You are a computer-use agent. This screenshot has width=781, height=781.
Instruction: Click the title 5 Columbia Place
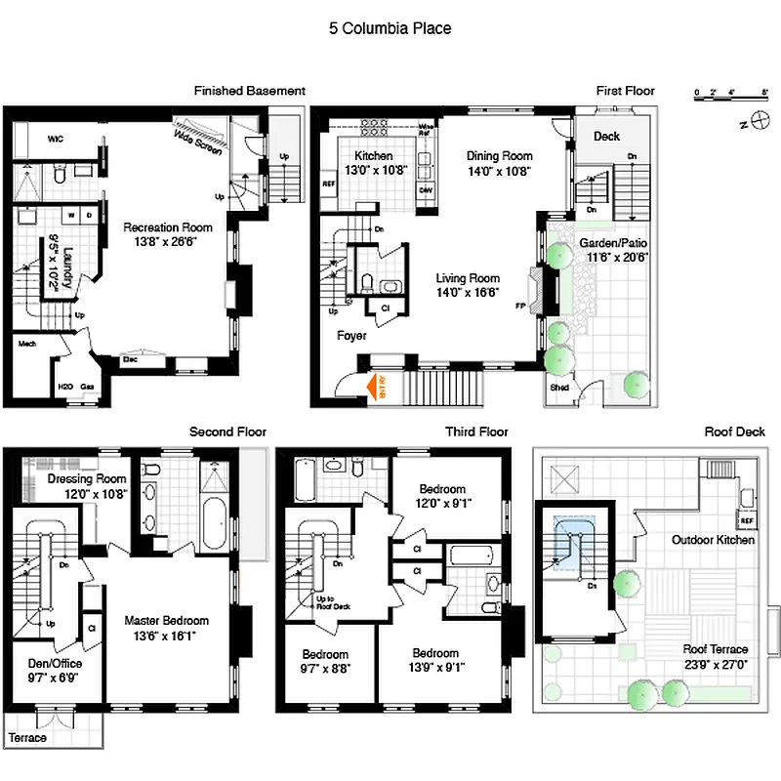click(x=390, y=28)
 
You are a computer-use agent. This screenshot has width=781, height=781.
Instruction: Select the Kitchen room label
click(x=373, y=156)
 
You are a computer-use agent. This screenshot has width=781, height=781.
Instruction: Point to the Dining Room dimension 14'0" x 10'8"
click(x=498, y=171)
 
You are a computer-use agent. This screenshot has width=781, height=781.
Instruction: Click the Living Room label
click(x=468, y=278)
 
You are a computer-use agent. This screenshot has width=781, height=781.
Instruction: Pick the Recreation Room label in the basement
click(x=161, y=227)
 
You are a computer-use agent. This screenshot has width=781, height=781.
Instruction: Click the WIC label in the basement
click(x=56, y=140)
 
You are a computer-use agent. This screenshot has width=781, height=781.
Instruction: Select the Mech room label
click(x=26, y=344)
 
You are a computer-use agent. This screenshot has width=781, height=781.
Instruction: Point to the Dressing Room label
click(x=87, y=479)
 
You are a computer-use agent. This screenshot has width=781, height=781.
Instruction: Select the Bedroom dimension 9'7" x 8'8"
click(x=325, y=669)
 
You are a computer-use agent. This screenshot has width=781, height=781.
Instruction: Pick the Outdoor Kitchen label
click(x=713, y=540)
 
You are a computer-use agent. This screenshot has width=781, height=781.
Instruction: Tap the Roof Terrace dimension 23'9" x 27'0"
click(x=716, y=664)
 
